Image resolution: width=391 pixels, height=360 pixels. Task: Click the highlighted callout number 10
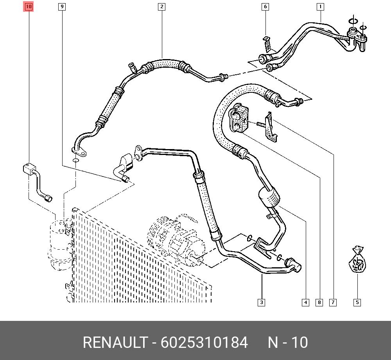[x=29, y=7]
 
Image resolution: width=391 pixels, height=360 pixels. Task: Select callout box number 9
[x=62, y=7]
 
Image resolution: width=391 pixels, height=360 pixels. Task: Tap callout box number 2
[x=161, y=7]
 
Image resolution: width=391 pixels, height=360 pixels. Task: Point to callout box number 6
[x=265, y=7]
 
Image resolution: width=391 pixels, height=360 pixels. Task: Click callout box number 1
[x=321, y=7]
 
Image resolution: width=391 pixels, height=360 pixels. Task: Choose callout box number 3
[x=261, y=302]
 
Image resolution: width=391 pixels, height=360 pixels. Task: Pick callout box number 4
[x=305, y=302]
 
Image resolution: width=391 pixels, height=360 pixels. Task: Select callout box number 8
[x=319, y=302]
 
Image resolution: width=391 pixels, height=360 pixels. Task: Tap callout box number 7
[x=333, y=302]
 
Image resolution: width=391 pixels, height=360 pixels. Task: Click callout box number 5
[x=357, y=302]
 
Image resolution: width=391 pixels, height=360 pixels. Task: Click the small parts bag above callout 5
[x=357, y=261]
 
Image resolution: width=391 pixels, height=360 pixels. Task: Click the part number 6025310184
[x=204, y=343]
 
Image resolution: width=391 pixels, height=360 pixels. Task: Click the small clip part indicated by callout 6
[x=267, y=43]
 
